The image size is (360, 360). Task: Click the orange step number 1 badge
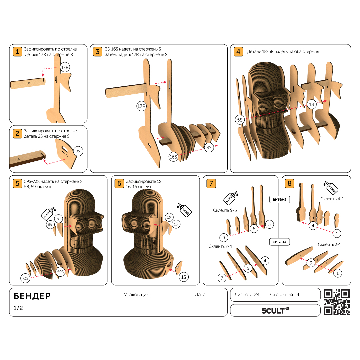pyautogui.click(x=17, y=52)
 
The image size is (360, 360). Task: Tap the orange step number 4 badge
pyautogui.click(x=238, y=52)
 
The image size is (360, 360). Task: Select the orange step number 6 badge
pyautogui.click(x=119, y=183)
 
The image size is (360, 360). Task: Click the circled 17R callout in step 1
pyautogui.click(x=65, y=67)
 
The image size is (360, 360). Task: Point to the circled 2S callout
pyautogui.click(x=78, y=151)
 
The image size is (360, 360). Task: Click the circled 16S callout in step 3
pyautogui.click(x=173, y=157)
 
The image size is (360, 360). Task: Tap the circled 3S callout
pyautogui.click(x=209, y=147)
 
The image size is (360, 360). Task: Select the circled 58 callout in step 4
pyautogui.click(x=240, y=120)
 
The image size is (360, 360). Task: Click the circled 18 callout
pyautogui.click(x=312, y=104)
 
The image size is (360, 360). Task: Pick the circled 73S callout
pyautogui.click(x=25, y=278)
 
